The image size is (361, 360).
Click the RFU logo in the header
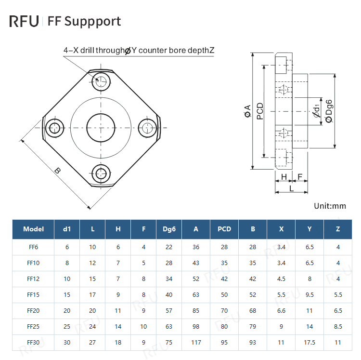[24, 22]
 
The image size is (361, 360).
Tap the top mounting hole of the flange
[101, 81]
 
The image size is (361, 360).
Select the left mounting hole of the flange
[55, 128]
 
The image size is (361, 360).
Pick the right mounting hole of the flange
[147, 128]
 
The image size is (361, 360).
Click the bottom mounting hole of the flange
[101, 173]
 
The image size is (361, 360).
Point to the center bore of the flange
[101, 128]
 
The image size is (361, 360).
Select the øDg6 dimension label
[329, 111]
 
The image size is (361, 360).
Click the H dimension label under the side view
[284, 177]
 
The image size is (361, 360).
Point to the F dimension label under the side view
[300, 177]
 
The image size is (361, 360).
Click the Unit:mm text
[330, 206]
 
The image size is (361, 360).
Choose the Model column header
[34, 229]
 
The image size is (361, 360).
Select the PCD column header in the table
[224, 229]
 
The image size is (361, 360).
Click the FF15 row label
[34, 294]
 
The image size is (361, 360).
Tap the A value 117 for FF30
[196, 342]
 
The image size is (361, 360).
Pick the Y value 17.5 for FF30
[309, 342]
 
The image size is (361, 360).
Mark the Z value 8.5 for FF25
[338, 326]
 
